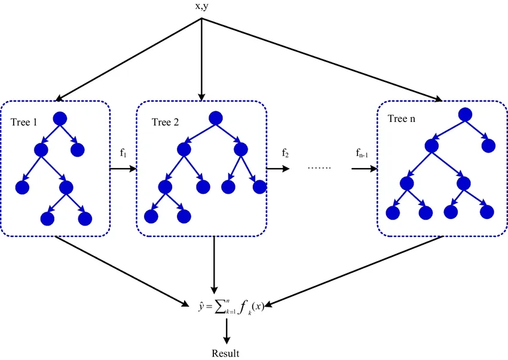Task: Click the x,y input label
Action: pos(201,7)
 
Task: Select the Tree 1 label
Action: pos(24,122)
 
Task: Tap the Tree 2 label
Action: pos(165,122)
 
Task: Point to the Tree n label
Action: pos(402,118)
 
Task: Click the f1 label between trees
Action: pos(123,152)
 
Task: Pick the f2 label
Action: pos(285,152)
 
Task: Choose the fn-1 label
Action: pos(362,152)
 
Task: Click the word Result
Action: pos(225,353)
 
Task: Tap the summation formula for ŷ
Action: pos(231,307)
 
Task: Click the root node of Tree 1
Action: pos(60,118)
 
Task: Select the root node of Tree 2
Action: pos(216,118)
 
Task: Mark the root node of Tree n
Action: pos(465,115)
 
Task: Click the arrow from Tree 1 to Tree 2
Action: pos(123,169)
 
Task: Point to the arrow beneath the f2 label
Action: pos(278,169)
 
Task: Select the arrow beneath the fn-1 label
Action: pos(365,169)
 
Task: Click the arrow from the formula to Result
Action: pos(227,331)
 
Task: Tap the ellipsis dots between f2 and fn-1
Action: pos(320,168)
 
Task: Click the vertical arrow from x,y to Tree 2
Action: pos(201,60)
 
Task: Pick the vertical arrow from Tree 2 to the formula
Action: pos(214,265)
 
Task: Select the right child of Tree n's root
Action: pos(488,146)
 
